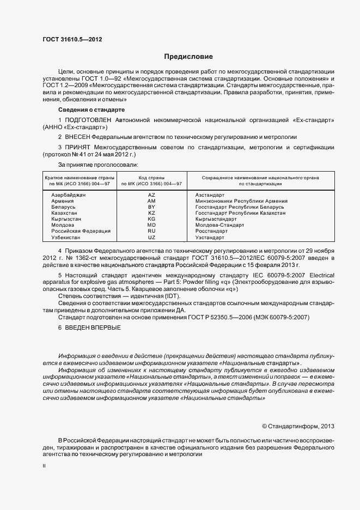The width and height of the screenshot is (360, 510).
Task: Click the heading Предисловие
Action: [188, 57]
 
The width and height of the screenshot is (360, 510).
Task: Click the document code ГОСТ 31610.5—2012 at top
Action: [72, 40]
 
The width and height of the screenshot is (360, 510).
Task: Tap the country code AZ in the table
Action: [151, 195]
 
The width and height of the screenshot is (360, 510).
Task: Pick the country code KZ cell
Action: [151, 213]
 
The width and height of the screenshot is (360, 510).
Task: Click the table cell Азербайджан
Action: [69, 195]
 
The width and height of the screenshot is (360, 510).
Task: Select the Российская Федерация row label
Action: [81, 231]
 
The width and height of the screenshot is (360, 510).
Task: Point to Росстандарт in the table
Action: [211, 231]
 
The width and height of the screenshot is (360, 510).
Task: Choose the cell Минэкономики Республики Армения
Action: [241, 201]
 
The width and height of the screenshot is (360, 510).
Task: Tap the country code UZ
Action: [151, 238]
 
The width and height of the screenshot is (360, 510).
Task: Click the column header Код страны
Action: [151, 178]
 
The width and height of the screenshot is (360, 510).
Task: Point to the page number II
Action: [44, 466]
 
